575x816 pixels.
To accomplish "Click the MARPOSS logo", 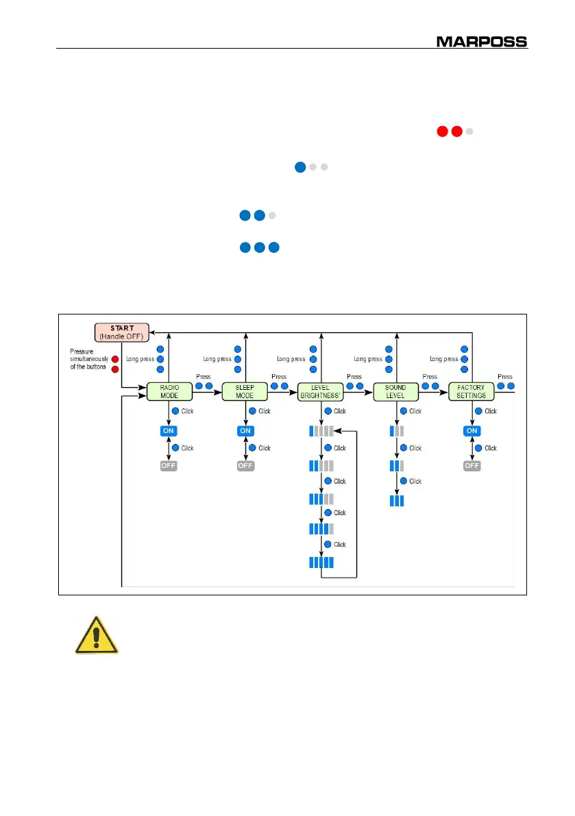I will click(482, 41).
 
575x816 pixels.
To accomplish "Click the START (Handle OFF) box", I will click(122, 332).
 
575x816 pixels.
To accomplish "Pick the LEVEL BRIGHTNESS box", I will click(321, 392).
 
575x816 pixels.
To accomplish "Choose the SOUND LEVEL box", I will click(396, 392).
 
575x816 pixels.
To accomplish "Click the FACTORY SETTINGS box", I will click(472, 392).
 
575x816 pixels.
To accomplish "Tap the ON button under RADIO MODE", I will click(168, 431).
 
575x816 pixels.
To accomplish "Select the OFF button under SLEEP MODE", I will click(245, 466).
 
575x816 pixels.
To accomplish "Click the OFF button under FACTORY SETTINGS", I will click(472, 466).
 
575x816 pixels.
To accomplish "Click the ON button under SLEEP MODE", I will click(245, 431).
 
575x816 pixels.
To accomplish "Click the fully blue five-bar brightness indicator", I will click(321, 562).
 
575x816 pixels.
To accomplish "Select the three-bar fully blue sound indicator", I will click(396, 500).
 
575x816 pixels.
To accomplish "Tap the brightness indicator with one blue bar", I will click(321, 431).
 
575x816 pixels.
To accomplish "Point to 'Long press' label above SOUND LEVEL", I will click(368, 359).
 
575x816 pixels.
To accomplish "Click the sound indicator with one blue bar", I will click(396, 431).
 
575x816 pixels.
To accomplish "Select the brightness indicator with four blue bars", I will click(321, 529).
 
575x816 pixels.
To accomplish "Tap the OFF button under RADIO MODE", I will click(168, 466).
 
